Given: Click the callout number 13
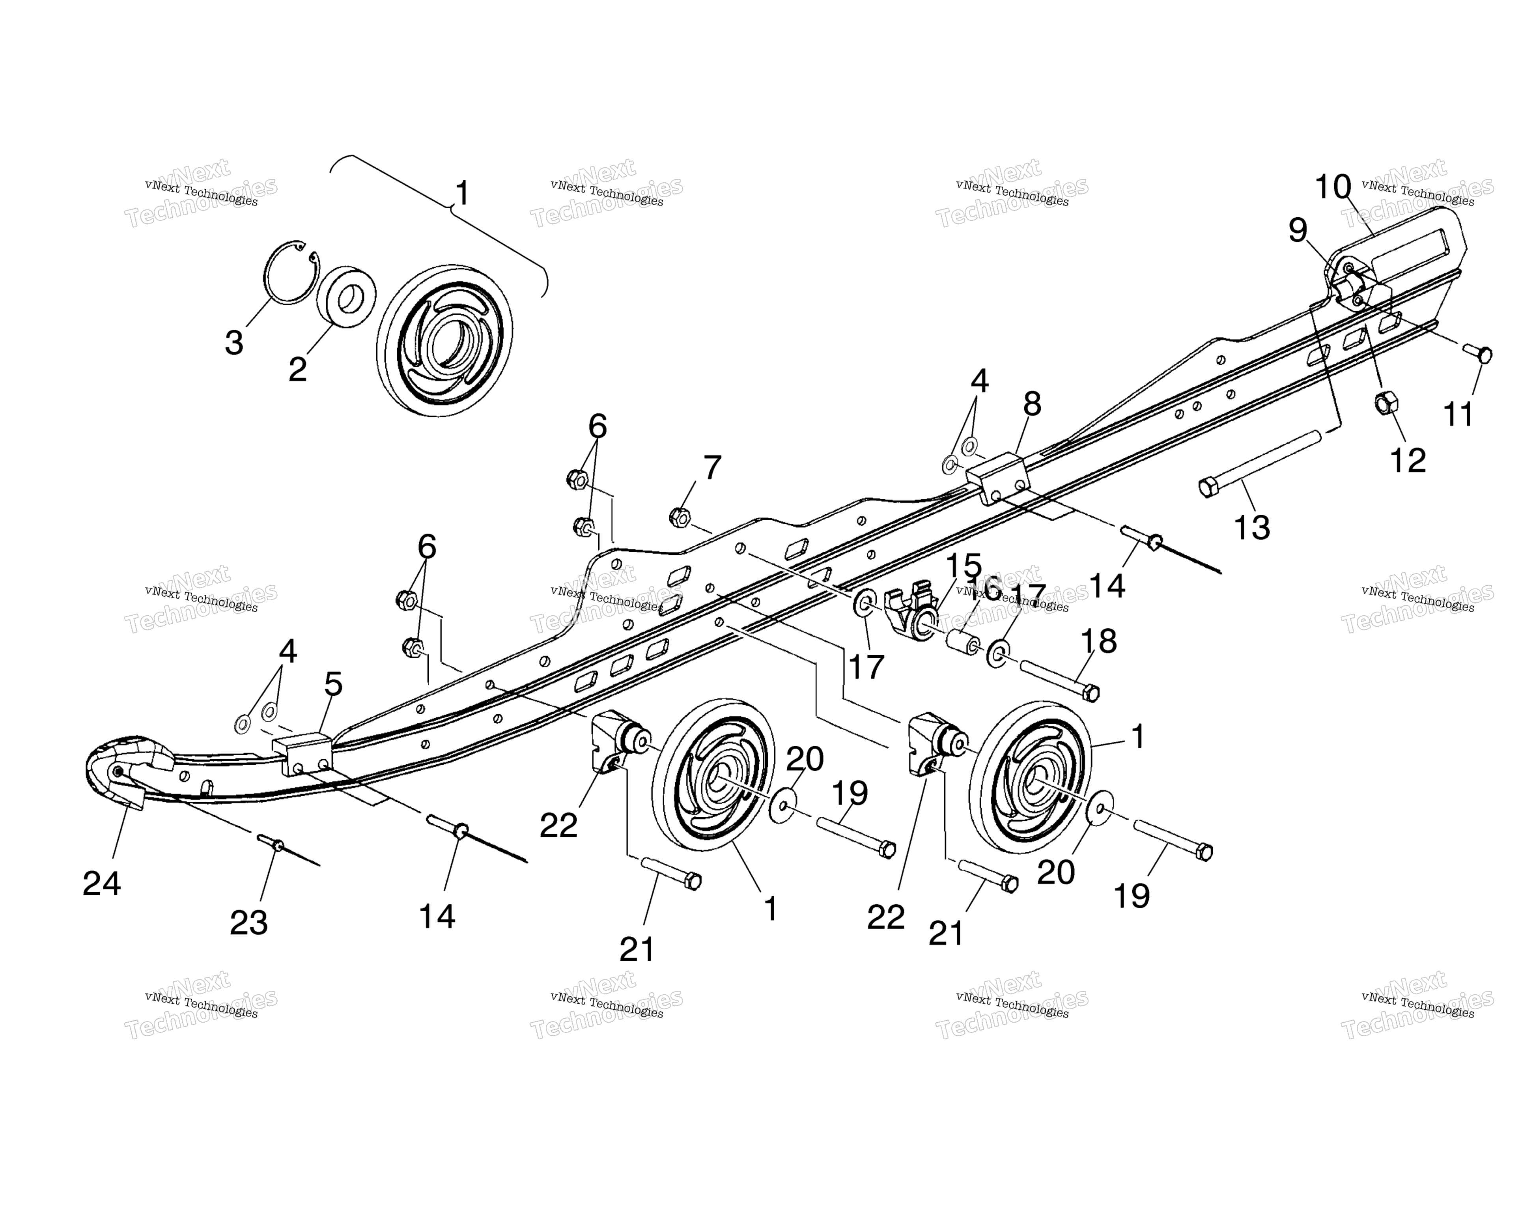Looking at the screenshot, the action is click(1252, 527).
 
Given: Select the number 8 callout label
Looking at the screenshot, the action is click(1031, 404).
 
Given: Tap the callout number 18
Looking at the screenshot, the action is click(1098, 641).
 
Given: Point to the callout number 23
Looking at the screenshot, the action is click(249, 923).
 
